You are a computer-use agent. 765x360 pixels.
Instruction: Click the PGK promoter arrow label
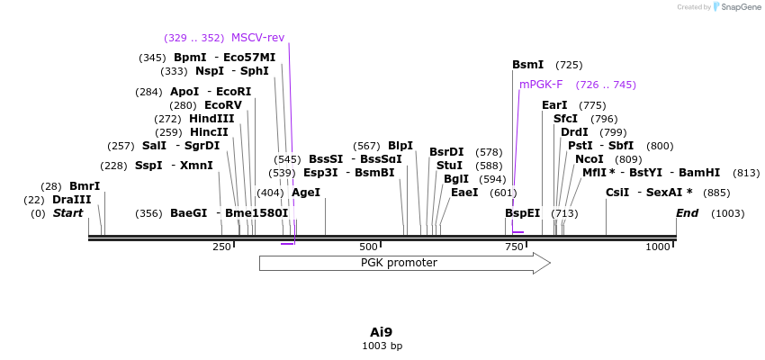click(x=399, y=263)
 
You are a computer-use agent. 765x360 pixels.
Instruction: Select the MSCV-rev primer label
click(x=257, y=38)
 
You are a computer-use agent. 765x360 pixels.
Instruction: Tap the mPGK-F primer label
click(x=541, y=85)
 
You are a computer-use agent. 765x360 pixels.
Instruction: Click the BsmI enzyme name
click(x=528, y=65)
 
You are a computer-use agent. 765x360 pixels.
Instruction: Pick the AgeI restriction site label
click(x=306, y=193)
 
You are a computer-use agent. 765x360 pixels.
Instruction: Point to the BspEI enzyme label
click(x=522, y=213)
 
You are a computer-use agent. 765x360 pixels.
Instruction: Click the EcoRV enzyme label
click(x=223, y=105)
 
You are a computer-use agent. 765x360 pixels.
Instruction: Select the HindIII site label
click(x=211, y=119)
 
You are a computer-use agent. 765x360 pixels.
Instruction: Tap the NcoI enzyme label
click(x=589, y=159)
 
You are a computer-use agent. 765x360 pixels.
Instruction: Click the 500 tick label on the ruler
click(x=368, y=247)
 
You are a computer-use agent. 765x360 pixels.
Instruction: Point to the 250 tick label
click(x=221, y=247)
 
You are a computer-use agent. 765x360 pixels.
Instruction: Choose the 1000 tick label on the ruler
click(x=658, y=247)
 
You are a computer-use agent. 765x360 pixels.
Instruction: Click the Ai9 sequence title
click(x=382, y=332)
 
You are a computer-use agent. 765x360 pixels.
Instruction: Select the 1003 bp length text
click(x=382, y=346)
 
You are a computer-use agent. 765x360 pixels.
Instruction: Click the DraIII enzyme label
click(x=72, y=200)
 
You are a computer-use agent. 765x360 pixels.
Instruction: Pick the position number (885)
click(x=716, y=193)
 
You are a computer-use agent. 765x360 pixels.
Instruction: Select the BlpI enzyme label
click(x=400, y=146)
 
